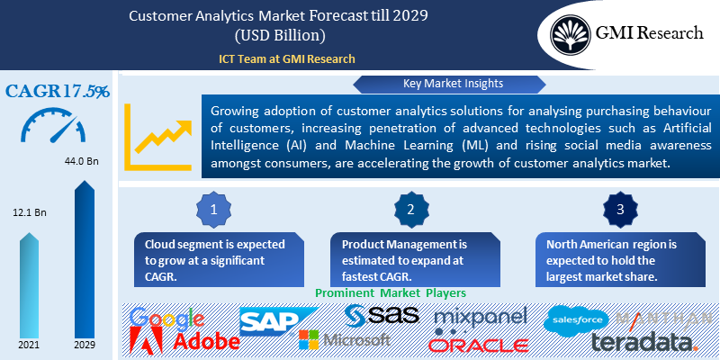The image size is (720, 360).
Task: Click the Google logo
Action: click(x=166, y=319)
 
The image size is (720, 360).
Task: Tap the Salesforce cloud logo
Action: click(x=576, y=319)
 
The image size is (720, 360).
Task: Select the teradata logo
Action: click(x=644, y=342)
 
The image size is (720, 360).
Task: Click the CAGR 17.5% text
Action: click(x=58, y=92)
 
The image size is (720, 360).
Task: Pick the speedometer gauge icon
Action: click(x=57, y=127)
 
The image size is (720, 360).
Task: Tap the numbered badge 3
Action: click(x=621, y=210)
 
